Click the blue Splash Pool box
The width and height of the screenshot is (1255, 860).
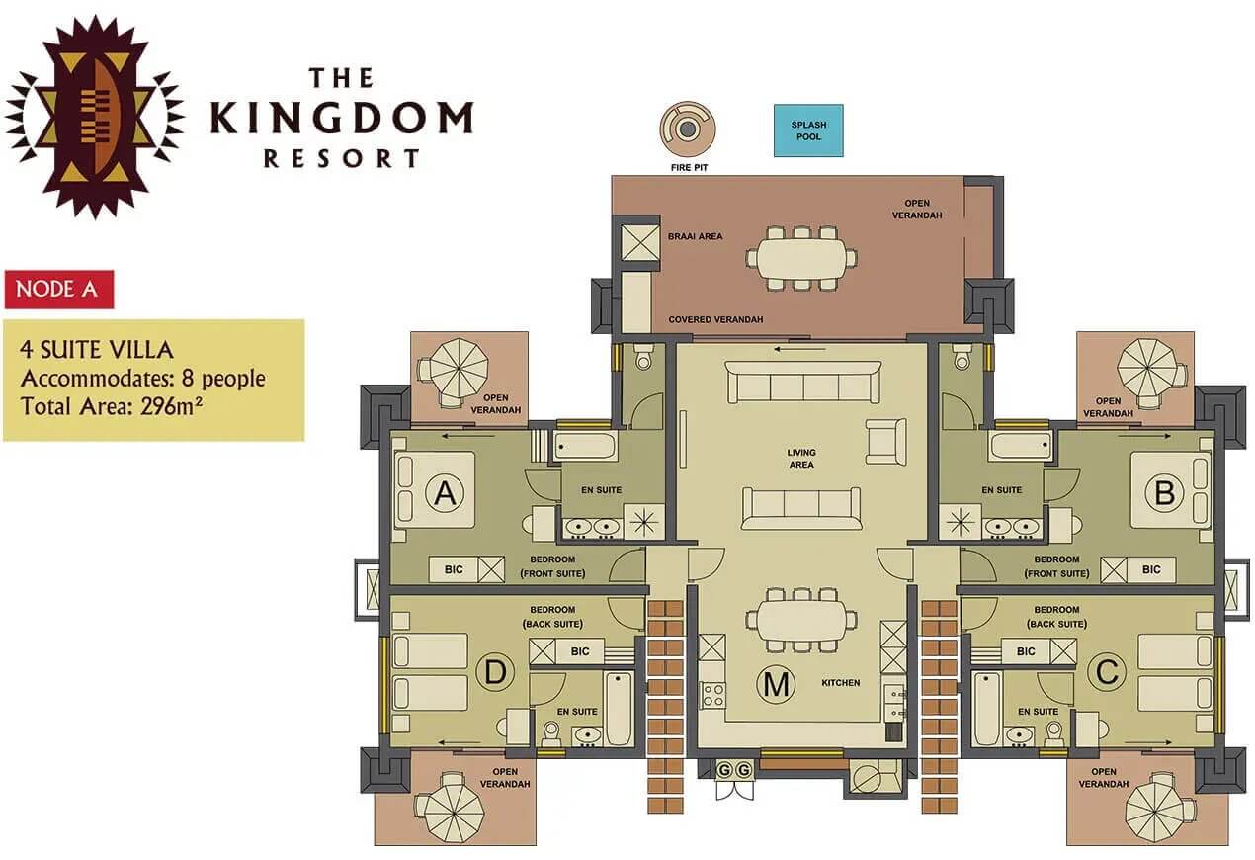807,130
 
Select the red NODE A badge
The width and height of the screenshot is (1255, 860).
59,290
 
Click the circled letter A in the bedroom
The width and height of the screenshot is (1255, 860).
446,493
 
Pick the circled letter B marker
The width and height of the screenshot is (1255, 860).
1164,493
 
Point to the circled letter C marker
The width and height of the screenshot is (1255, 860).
1107,672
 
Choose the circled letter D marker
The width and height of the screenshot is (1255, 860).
495,672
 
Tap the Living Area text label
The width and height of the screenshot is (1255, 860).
801,459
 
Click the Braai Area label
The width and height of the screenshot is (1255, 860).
697,236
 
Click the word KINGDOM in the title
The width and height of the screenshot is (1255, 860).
341,119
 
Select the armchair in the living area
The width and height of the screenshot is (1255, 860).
884,440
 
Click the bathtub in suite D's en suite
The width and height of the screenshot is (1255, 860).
619,709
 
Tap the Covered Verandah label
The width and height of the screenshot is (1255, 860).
715,319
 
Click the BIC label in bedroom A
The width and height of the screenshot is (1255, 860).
454,569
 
